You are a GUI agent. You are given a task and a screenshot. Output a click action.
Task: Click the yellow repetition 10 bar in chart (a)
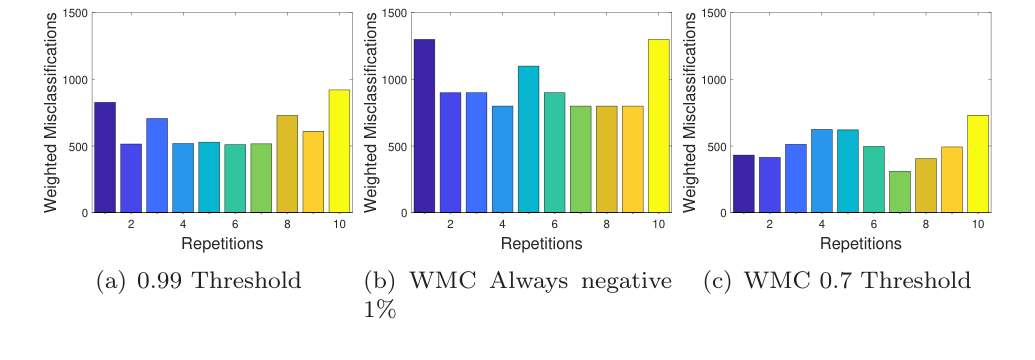(340, 152)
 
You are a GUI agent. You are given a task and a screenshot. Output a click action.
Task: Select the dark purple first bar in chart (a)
(105, 158)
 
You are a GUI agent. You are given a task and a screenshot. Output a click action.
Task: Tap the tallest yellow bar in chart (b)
(660, 126)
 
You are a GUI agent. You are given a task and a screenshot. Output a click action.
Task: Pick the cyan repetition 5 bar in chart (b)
(529, 140)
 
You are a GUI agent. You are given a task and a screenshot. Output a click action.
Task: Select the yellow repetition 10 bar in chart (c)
(980, 164)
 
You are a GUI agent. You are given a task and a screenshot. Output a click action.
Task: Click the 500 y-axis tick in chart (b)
(397, 146)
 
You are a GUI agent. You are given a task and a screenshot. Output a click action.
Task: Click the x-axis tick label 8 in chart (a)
(287, 225)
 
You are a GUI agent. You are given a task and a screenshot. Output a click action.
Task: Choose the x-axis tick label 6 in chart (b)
(555, 225)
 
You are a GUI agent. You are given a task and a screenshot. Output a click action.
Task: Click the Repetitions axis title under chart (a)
(222, 243)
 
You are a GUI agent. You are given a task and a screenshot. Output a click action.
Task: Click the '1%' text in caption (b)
(380, 310)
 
